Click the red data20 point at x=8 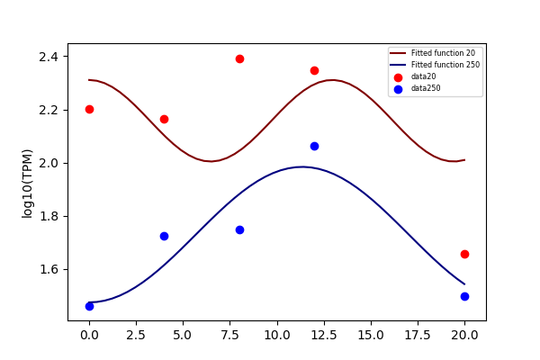pyautogui.click(x=239, y=58)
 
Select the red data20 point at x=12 pyautogui.click(x=314, y=70)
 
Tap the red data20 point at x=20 pyautogui.click(x=464, y=254)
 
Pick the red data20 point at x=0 pyautogui.click(x=89, y=110)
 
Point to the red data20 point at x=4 pyautogui.click(x=165, y=119)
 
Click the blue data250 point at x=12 pyautogui.click(x=314, y=147)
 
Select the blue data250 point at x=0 pyautogui.click(x=89, y=306)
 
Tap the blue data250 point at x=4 pyautogui.click(x=165, y=237)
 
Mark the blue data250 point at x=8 pyautogui.click(x=239, y=230)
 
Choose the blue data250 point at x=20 pyautogui.click(x=464, y=297)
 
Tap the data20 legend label pyautogui.click(x=423, y=76)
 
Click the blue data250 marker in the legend pyautogui.click(x=398, y=90)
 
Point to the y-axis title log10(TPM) pyautogui.click(x=27, y=184)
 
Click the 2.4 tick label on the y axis pyautogui.click(x=49, y=57)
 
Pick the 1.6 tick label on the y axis pyautogui.click(x=49, y=269)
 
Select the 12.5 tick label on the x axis pyautogui.click(x=324, y=335)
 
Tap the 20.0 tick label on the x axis pyautogui.click(x=464, y=335)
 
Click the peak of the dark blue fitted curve pyautogui.click(x=302, y=167)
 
